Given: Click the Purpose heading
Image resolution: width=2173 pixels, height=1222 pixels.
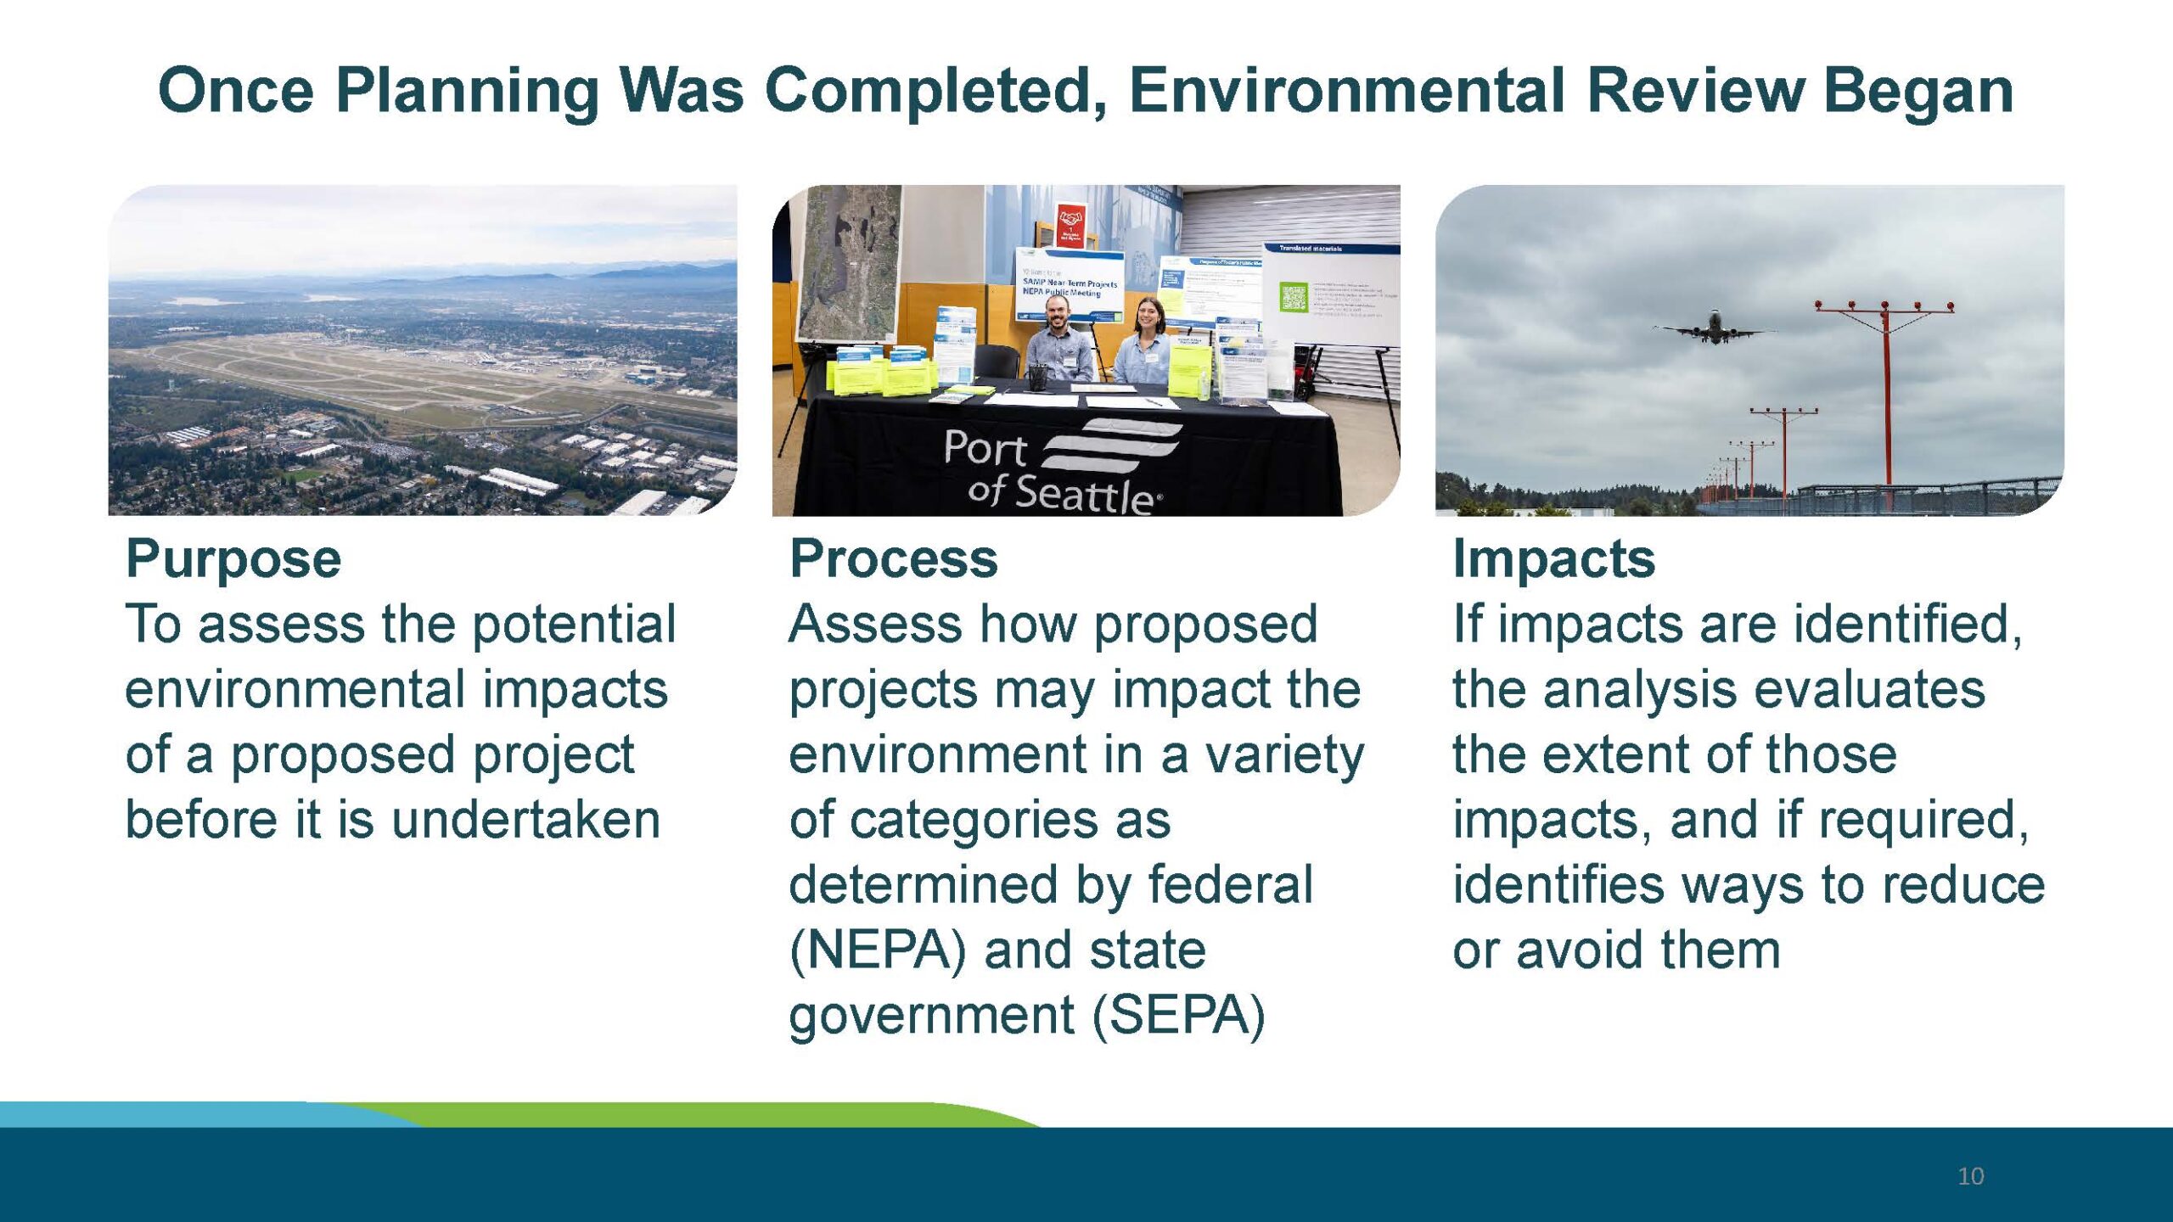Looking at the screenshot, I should (x=233, y=559).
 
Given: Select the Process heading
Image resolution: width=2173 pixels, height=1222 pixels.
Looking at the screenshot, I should (x=893, y=559).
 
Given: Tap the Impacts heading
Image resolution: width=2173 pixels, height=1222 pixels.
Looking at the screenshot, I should (x=1553, y=559).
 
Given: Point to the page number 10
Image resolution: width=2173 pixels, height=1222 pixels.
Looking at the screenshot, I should (x=1970, y=1176).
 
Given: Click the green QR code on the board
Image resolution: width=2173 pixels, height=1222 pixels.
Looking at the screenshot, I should (x=1293, y=297).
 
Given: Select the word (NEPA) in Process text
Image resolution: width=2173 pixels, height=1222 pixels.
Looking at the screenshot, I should (x=878, y=950).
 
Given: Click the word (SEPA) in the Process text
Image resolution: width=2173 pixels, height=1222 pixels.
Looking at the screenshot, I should (x=1178, y=1016).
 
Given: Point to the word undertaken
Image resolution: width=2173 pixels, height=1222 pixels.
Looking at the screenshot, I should (x=525, y=820).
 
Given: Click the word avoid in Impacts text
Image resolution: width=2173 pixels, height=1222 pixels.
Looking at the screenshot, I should (x=1581, y=950).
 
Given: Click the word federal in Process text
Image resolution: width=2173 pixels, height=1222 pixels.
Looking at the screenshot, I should (x=1230, y=885).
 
